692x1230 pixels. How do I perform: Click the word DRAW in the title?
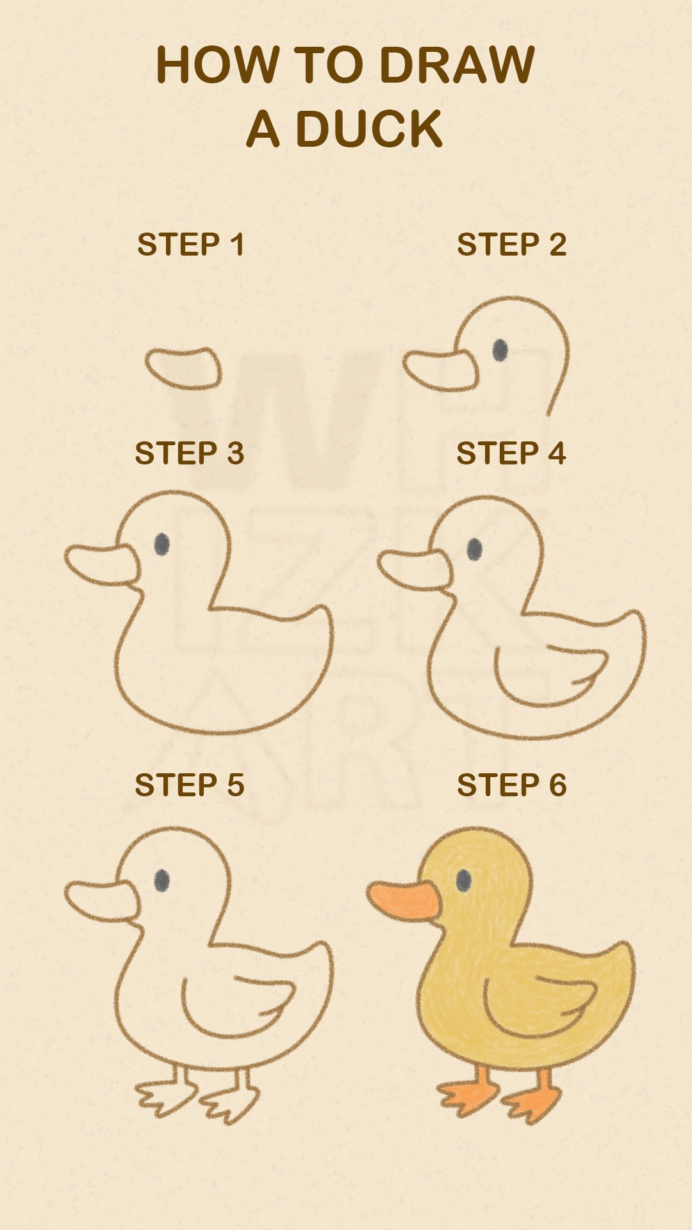pyautogui.click(x=457, y=65)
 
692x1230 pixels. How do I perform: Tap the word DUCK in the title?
pyautogui.click(x=370, y=129)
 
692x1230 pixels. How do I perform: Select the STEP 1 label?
pyautogui.click(x=190, y=245)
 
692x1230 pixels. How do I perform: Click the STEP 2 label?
pyautogui.click(x=511, y=245)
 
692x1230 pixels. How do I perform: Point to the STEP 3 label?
pyautogui.click(x=190, y=454)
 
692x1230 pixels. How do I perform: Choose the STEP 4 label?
pyautogui.click(x=511, y=454)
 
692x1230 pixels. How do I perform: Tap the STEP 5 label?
pyautogui.click(x=190, y=785)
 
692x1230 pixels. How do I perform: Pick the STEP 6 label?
pyautogui.click(x=511, y=785)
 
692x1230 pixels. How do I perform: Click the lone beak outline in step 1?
pyautogui.click(x=183, y=369)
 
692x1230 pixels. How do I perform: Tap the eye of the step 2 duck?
pyautogui.click(x=500, y=350)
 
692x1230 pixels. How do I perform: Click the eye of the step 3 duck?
pyautogui.click(x=162, y=545)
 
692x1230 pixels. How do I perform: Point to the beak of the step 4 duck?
pyautogui.click(x=415, y=569)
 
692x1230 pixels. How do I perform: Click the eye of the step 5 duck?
pyautogui.click(x=162, y=880)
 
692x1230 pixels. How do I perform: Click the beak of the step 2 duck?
pyautogui.click(x=441, y=371)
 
